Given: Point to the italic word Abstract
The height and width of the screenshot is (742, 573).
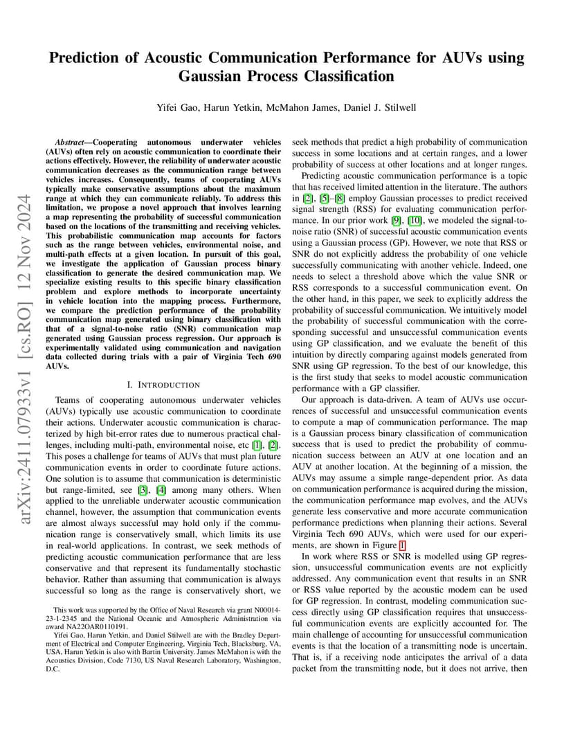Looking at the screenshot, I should click(x=72, y=142).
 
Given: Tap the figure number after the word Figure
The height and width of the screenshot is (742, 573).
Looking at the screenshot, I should click(x=403, y=545).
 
